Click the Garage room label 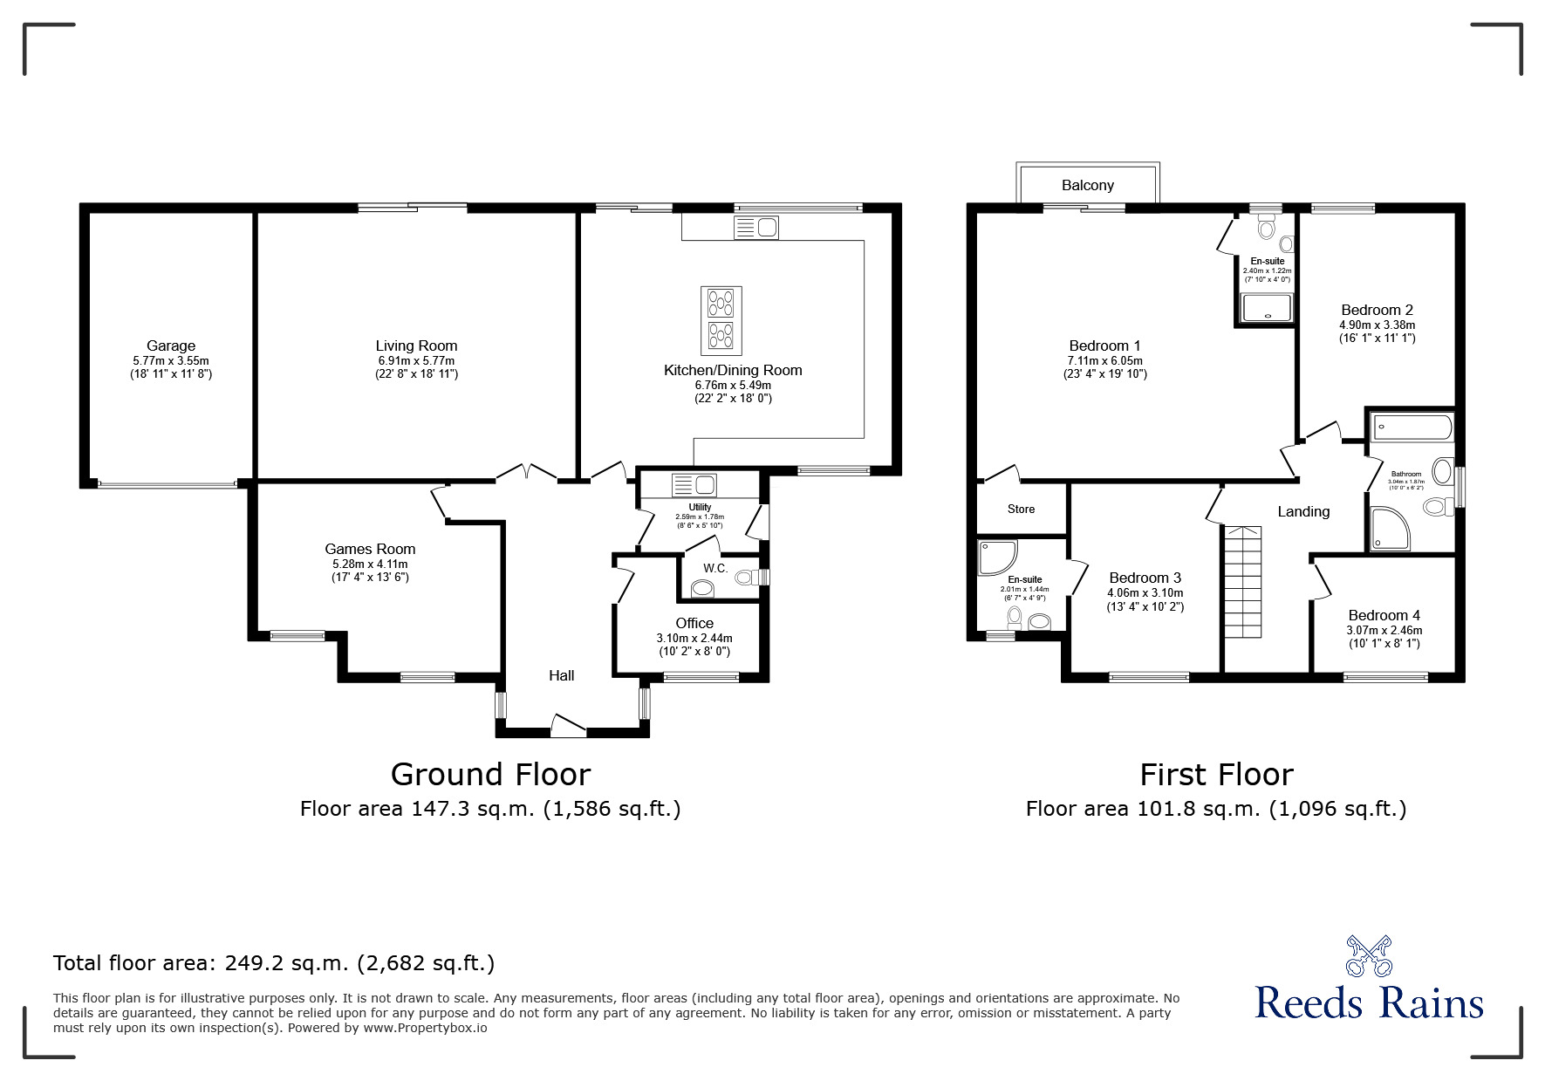pyautogui.click(x=171, y=346)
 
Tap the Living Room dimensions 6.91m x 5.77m pyautogui.click(x=416, y=360)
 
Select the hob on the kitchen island pyautogui.click(x=721, y=318)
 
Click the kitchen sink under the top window pyautogui.click(x=757, y=228)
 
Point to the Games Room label pyautogui.click(x=370, y=549)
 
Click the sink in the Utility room pyautogui.click(x=694, y=484)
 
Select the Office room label pyautogui.click(x=694, y=623)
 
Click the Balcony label pyautogui.click(x=1088, y=185)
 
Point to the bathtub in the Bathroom pyautogui.click(x=1412, y=428)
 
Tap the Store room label pyautogui.click(x=1021, y=509)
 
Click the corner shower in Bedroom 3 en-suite pyautogui.click(x=997, y=558)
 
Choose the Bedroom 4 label pyautogui.click(x=1384, y=615)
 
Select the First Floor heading pyautogui.click(x=1216, y=775)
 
